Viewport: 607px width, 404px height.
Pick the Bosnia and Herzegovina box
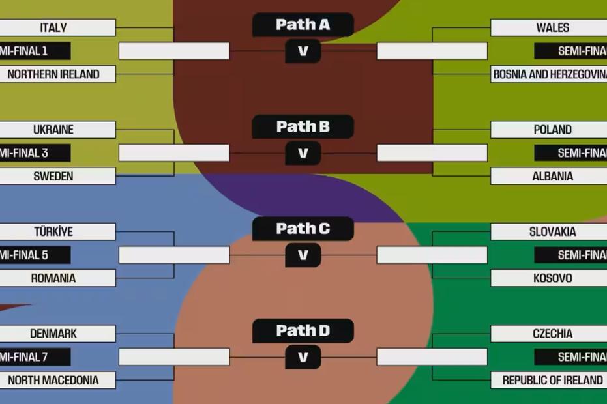pyautogui.click(x=549, y=74)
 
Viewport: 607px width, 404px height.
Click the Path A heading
pyautogui.click(x=303, y=25)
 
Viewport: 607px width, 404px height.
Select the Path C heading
pyautogui.click(x=303, y=229)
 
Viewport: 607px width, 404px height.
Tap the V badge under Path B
pyautogui.click(x=303, y=153)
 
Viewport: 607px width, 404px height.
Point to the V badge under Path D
pyautogui.click(x=303, y=357)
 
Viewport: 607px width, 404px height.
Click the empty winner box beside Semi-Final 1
pyautogui.click(x=174, y=51)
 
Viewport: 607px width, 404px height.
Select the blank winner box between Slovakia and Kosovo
pyautogui.click(x=432, y=255)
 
